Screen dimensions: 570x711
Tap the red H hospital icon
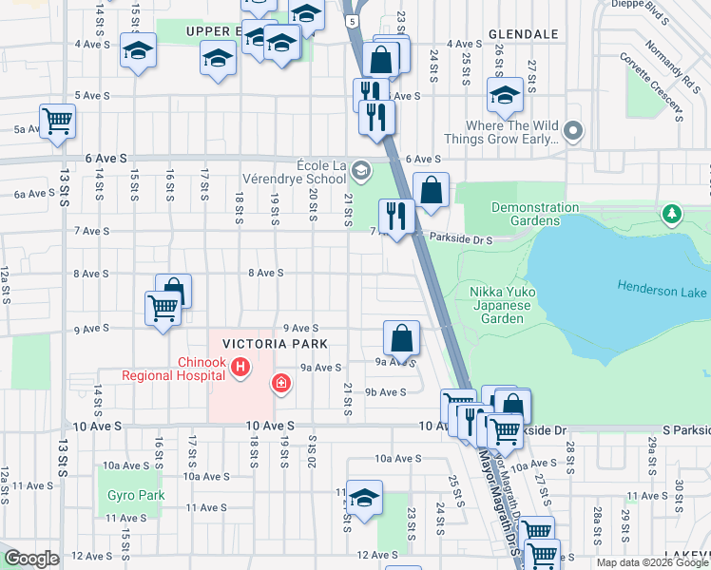tap(241, 366)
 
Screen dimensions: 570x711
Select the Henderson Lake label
tap(663, 286)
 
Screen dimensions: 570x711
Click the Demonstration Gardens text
tap(535, 214)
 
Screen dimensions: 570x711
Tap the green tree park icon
tap(673, 212)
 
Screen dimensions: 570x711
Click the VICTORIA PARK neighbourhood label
tap(275, 343)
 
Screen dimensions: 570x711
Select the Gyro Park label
tap(137, 495)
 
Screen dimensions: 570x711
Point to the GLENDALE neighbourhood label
tap(523, 33)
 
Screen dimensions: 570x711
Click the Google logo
tap(31, 559)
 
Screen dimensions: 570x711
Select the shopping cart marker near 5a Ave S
tap(58, 123)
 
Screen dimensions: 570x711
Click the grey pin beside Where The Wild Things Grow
tap(573, 131)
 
